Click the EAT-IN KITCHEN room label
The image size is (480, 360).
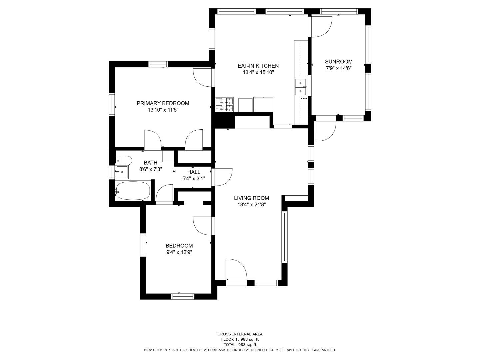[258, 66]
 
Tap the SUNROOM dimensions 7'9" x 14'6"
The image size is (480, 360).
[339, 68]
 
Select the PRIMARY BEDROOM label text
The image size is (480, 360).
[163, 103]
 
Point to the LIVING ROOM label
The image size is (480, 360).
[251, 198]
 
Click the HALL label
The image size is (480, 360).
[194, 172]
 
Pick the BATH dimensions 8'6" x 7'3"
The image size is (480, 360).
[150, 169]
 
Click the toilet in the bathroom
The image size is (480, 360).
[124, 161]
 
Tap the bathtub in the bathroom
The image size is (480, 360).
[133, 191]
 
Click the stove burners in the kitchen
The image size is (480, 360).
[224, 104]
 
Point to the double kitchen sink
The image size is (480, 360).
[301, 87]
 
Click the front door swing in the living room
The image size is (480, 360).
[236, 269]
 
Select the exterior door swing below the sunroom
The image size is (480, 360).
[326, 131]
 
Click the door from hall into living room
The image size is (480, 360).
[223, 177]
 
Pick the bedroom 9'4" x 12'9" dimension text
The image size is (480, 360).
[179, 252]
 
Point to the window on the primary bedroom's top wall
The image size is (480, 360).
[158, 64]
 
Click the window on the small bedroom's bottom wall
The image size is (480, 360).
[182, 296]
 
